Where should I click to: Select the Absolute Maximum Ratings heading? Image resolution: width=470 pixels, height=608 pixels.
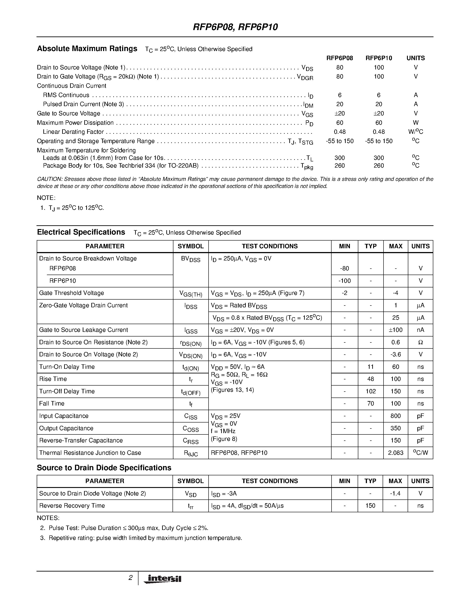click(87, 49)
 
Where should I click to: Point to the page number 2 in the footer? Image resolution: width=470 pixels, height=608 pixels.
click(130, 578)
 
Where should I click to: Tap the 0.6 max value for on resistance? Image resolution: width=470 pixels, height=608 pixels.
click(395, 342)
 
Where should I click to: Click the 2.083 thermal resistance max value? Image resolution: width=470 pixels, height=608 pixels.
click(395, 453)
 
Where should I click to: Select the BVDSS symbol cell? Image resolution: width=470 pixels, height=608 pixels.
click(190, 259)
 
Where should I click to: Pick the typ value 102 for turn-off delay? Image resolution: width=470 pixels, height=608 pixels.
click(370, 391)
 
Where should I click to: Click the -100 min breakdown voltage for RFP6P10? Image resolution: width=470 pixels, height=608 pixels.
click(344, 281)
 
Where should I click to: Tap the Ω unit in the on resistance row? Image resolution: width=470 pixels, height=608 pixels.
click(420, 342)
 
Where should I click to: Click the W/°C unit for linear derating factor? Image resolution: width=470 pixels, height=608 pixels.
click(415, 132)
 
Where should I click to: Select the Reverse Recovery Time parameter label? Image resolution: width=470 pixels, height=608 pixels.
click(72, 506)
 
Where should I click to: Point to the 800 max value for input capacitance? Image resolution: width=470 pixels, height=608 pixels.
click(395, 416)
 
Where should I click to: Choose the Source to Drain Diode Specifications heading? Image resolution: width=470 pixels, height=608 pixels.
click(104, 468)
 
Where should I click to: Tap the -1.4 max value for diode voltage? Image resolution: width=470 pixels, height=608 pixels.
click(395, 493)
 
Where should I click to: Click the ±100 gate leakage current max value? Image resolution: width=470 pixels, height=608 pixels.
click(395, 330)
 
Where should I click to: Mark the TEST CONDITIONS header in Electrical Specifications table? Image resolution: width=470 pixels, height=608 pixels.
click(270, 246)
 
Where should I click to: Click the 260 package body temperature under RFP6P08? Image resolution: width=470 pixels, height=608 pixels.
click(340, 166)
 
